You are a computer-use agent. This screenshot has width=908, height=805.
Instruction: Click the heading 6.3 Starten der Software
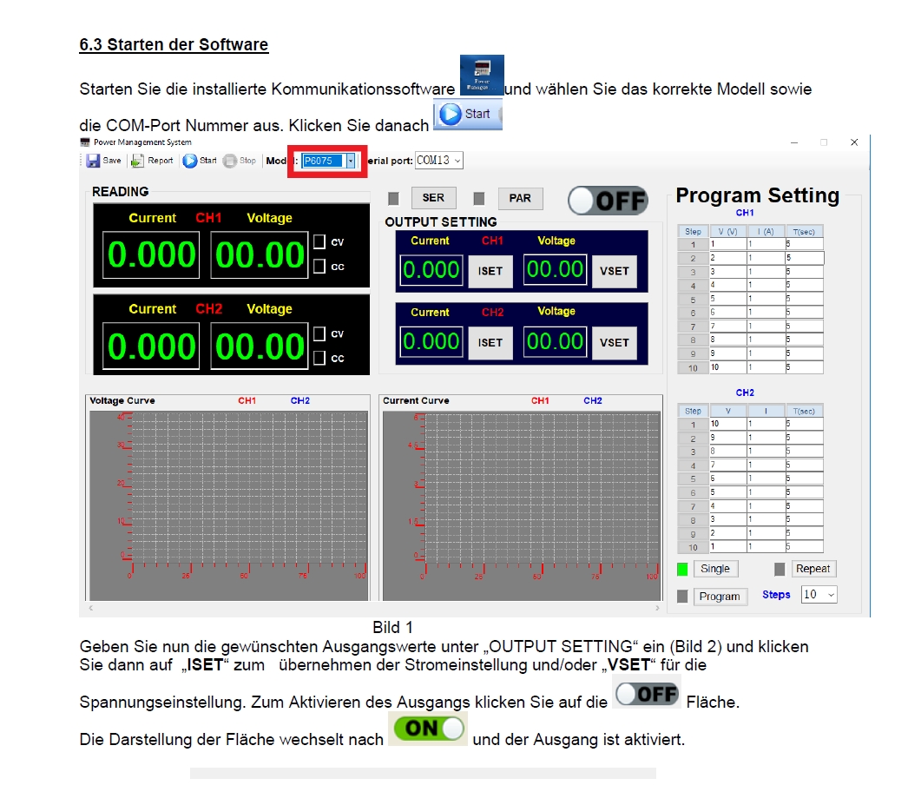pyautogui.click(x=174, y=44)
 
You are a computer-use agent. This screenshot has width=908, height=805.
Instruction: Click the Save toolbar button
pyautogui.click(x=103, y=161)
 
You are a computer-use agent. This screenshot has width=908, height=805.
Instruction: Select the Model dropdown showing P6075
pyautogui.click(x=328, y=161)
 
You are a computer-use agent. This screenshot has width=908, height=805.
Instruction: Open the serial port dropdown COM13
pyautogui.click(x=439, y=161)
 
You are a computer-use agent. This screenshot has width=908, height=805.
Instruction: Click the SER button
pyautogui.click(x=433, y=198)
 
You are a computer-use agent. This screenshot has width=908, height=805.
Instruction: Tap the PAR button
pyautogui.click(x=520, y=198)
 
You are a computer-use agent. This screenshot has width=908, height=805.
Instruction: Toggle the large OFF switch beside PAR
pyautogui.click(x=609, y=201)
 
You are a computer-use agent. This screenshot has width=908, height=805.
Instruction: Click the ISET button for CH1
pyautogui.click(x=490, y=271)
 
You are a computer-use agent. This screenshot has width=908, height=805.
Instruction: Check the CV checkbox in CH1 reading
pyautogui.click(x=319, y=241)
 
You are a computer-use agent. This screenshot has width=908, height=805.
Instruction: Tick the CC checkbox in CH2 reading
pyautogui.click(x=319, y=358)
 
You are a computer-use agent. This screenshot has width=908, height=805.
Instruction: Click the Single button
pyautogui.click(x=715, y=569)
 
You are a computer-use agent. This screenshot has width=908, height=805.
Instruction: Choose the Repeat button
pyautogui.click(x=813, y=569)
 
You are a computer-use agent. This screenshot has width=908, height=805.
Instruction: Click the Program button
pyautogui.click(x=720, y=597)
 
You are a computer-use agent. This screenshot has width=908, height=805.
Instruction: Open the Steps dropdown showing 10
pyautogui.click(x=819, y=595)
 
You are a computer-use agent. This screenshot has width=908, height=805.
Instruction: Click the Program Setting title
pyautogui.click(x=757, y=195)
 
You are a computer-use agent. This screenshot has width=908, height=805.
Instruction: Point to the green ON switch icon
pyautogui.click(x=428, y=729)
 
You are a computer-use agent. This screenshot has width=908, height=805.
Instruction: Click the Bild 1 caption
pyautogui.click(x=392, y=627)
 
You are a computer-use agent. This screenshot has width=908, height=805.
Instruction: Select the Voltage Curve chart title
pyautogui.click(x=122, y=400)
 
